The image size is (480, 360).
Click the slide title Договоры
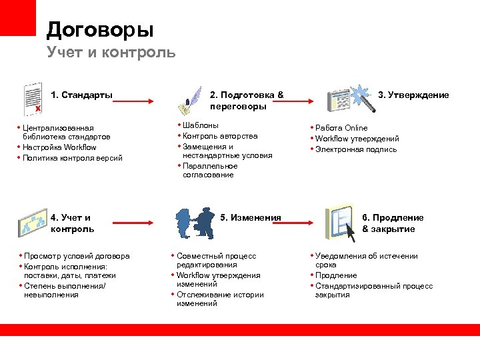point(100,29)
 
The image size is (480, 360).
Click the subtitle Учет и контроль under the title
point(111,52)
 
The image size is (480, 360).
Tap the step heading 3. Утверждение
point(413,95)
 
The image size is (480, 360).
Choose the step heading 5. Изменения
point(251,217)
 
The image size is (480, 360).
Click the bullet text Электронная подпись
point(356,149)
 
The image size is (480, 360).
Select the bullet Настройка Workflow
point(59,147)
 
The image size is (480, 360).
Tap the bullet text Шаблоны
point(200,125)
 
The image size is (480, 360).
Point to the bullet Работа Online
point(341,128)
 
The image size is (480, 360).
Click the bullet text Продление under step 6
point(336,275)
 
